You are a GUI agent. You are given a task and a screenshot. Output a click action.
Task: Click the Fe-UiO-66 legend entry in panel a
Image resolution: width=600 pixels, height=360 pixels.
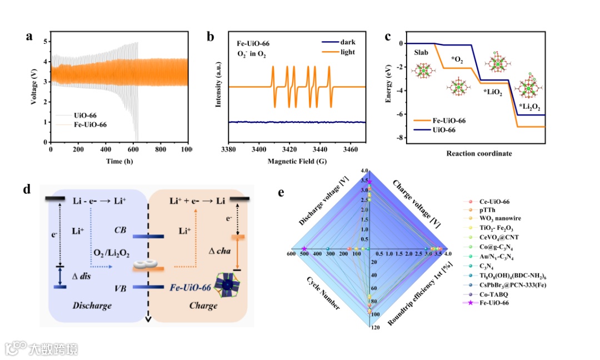click(91, 124)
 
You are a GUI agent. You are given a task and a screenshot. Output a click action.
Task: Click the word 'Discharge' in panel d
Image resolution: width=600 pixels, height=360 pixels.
click(93, 306)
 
